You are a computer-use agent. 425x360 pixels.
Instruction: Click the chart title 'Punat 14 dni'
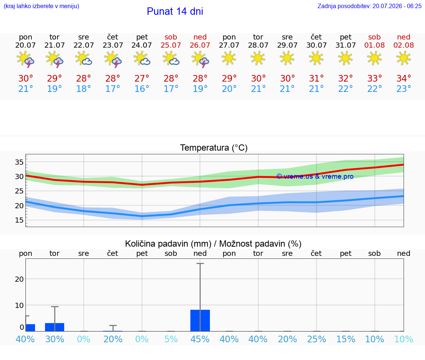175,11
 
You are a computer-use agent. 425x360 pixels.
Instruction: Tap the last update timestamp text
369,6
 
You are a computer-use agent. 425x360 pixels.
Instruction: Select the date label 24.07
142,45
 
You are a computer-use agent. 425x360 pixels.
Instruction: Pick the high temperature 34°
404,78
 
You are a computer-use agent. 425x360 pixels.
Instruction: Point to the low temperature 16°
142,89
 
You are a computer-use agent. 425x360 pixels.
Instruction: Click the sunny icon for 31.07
345,58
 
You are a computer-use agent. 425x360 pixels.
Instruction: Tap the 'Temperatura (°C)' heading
214,148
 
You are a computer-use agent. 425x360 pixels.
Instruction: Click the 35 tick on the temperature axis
19,162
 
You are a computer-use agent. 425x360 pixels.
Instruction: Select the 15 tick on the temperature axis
19,220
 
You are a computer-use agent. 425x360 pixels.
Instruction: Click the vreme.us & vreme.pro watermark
315,176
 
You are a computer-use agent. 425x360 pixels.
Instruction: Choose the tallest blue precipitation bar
200,320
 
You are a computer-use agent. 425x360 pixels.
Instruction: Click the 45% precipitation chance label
200,339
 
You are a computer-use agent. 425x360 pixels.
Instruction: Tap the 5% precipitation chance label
171,339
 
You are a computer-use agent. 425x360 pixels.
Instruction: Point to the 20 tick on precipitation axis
19,279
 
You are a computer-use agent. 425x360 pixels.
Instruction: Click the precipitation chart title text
213,244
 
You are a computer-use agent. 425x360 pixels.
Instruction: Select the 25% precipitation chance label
316,339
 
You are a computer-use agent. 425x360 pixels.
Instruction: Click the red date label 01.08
374,45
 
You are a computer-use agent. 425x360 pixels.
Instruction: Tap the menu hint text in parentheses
41,6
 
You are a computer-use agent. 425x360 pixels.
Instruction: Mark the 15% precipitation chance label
346,339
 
